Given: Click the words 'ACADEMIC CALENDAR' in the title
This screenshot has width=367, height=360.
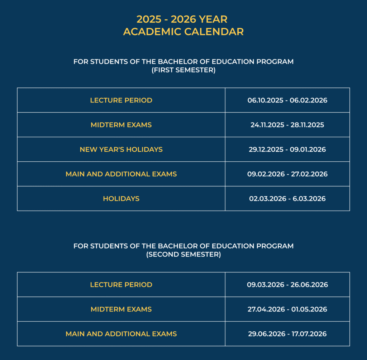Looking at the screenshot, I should (x=183, y=32).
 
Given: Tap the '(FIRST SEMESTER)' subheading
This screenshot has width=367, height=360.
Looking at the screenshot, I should (x=183, y=70).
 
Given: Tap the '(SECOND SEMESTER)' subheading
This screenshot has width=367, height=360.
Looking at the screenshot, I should (x=183, y=255).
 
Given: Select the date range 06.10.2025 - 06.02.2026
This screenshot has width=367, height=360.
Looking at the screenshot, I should (x=287, y=100).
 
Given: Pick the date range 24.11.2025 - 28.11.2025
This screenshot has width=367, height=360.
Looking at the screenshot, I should (x=287, y=125).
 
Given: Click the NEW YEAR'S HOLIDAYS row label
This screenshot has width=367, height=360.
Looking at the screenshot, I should (x=121, y=150).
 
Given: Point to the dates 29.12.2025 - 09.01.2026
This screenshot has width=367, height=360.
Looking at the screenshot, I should (x=287, y=150).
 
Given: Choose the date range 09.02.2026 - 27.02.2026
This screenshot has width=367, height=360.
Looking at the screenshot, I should (x=287, y=174).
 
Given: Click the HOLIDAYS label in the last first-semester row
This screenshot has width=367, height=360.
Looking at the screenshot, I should (x=121, y=199).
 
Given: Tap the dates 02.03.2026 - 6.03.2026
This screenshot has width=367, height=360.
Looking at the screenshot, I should (x=287, y=199).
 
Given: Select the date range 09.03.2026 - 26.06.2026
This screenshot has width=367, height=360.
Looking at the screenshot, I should (x=287, y=285).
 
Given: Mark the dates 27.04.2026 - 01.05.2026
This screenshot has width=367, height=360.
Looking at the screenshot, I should (x=287, y=309).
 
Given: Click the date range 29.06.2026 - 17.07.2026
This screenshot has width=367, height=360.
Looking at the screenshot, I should (x=287, y=334).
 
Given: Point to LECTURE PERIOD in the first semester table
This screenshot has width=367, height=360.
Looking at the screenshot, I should (x=121, y=100).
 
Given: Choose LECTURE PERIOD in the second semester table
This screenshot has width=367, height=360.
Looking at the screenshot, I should (x=121, y=285).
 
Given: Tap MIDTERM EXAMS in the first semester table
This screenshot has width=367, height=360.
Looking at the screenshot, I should (x=121, y=125).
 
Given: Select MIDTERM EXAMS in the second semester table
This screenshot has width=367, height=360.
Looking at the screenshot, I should (x=121, y=309).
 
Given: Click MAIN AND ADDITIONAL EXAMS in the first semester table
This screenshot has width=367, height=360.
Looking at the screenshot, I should (x=121, y=174).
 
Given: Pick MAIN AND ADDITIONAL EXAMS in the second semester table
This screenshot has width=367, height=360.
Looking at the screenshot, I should (x=121, y=334).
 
